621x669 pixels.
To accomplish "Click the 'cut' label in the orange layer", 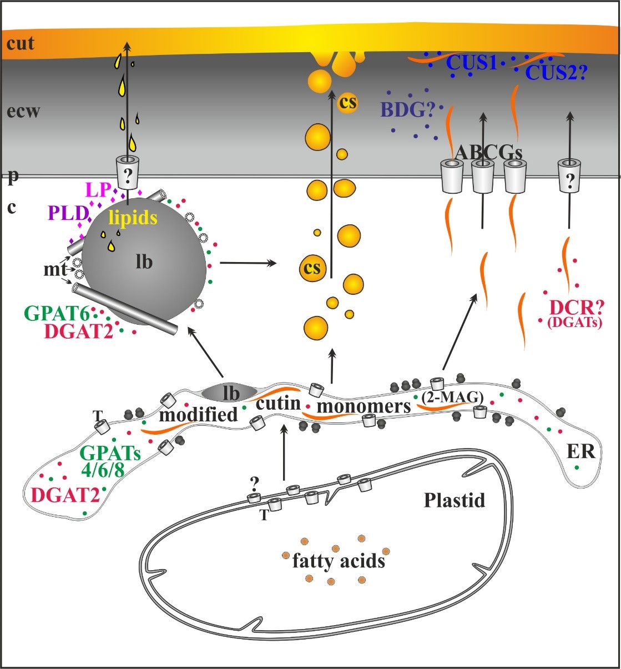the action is point(20,43).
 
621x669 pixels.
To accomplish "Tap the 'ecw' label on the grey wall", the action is point(23,111).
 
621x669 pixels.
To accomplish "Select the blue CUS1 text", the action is point(472,62).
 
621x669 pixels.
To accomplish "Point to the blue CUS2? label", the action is point(556,72).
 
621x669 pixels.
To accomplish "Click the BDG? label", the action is point(408,110).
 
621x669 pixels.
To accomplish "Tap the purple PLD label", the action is point(68,213).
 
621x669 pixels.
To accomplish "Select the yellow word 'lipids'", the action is point(133,218).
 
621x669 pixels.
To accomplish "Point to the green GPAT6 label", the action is point(57,314).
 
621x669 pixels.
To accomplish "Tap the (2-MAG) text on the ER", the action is point(453,398).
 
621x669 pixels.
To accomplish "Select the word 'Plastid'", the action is point(455,500).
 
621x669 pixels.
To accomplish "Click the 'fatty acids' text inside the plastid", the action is point(339,561).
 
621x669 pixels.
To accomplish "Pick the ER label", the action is point(581,451).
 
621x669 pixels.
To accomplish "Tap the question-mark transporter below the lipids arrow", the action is point(128,173).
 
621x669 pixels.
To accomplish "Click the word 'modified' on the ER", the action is point(198,415).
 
